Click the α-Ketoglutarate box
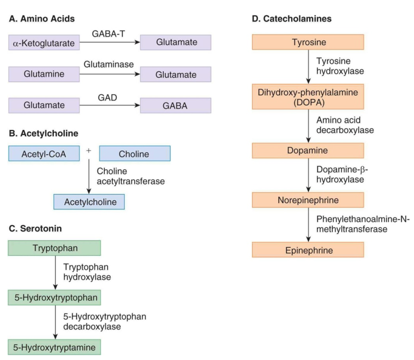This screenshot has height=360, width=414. (x=44, y=43)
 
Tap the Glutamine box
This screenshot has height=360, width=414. (x=44, y=75)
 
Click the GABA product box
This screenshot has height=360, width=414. (x=175, y=106)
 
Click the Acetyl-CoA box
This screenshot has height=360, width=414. (x=44, y=154)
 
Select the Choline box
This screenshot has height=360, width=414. (x=134, y=154)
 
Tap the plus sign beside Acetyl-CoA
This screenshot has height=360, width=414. (x=88, y=149)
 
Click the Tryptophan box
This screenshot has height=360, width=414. (x=54, y=247)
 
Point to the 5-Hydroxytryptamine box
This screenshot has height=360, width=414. (x=54, y=347)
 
